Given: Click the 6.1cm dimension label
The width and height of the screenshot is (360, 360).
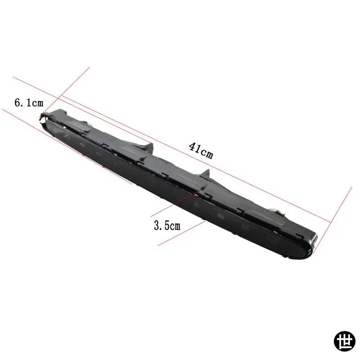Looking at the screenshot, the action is (29, 103).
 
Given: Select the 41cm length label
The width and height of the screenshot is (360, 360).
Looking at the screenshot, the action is (201, 151).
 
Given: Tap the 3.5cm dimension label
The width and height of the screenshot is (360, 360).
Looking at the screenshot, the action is (167, 225).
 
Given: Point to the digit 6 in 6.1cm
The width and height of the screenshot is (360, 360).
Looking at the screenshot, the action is (18, 103).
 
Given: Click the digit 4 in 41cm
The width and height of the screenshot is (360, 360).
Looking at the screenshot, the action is (193, 147).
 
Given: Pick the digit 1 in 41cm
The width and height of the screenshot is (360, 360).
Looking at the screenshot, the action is (198, 149).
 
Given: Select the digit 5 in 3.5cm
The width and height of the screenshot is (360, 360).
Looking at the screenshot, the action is (166, 225).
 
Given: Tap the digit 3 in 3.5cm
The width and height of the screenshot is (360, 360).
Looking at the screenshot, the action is (157, 225).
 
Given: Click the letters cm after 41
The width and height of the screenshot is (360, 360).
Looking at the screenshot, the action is (207, 154).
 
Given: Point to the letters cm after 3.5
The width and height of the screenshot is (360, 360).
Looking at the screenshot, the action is (175, 226).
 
